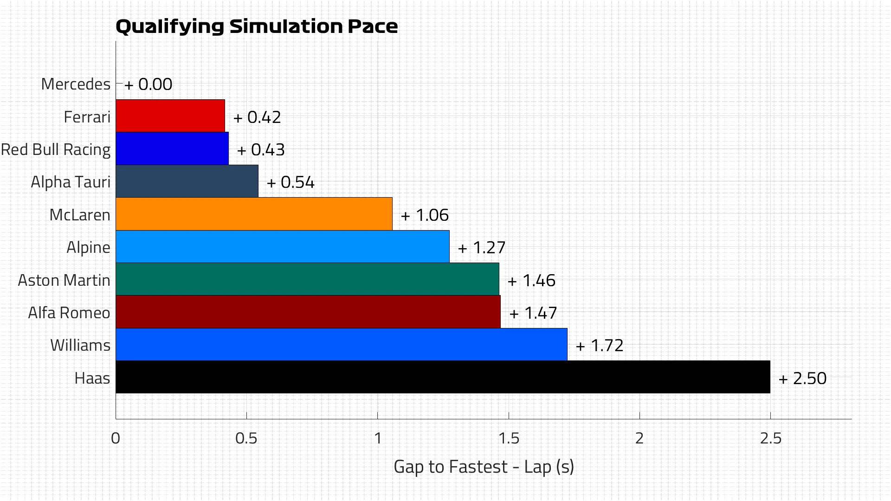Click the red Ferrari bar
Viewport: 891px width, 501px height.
click(x=170, y=116)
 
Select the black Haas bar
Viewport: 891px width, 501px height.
click(x=442, y=377)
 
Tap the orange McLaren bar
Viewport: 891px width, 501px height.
click(x=254, y=214)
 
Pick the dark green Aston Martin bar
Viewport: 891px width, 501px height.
click(x=307, y=279)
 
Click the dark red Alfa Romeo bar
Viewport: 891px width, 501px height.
click(x=308, y=312)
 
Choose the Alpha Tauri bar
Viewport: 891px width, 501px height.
click(x=187, y=181)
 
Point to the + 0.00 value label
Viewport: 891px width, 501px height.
click(x=148, y=84)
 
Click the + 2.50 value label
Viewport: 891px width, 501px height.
click(x=803, y=379)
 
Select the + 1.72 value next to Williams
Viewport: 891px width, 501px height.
click(x=600, y=346)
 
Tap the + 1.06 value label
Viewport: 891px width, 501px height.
click(x=425, y=215)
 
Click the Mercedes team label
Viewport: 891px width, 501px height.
click(x=76, y=84)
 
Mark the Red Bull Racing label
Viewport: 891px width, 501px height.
click(x=56, y=150)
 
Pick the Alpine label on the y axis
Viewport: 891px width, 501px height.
click(x=88, y=247)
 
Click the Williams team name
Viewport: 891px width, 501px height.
click(x=80, y=346)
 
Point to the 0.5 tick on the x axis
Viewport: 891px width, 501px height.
click(x=246, y=438)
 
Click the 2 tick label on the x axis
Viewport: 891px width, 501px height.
click(x=639, y=438)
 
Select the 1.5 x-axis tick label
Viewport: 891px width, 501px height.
click(x=509, y=438)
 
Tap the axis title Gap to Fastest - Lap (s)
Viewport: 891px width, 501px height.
click(x=484, y=467)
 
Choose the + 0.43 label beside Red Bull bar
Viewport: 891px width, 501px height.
click(x=261, y=150)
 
